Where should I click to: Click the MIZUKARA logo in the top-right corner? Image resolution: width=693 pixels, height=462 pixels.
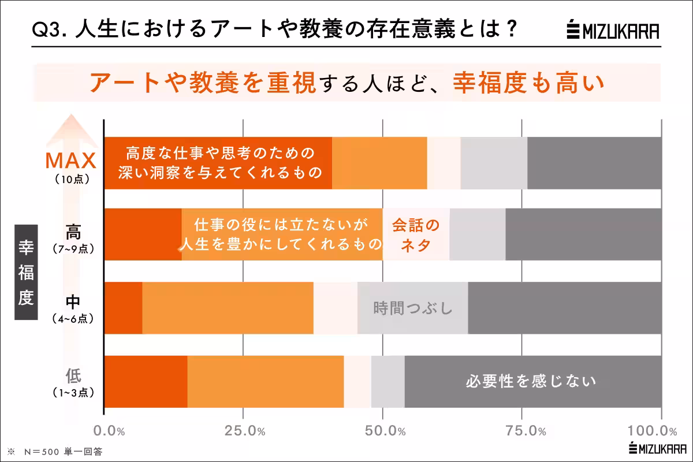coord(613,30)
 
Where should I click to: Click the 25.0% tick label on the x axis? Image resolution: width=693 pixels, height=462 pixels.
coord(244,431)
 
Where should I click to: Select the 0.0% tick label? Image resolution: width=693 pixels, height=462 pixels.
coord(109,431)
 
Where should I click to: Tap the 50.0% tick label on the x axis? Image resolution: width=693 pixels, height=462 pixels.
coord(383,431)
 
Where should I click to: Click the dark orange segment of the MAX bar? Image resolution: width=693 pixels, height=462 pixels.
coord(218,163)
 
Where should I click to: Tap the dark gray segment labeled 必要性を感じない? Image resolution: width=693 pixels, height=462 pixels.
coord(532,381)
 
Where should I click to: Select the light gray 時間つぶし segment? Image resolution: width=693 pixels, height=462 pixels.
coord(412,308)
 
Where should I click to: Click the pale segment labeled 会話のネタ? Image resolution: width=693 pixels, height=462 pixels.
coord(416,234)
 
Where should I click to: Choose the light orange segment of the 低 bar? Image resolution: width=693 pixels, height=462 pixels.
coord(265,381)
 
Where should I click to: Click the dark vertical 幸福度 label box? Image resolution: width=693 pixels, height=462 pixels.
coord(26,271)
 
